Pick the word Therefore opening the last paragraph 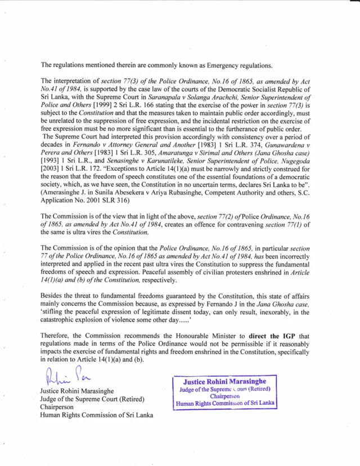tap(57, 337)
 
